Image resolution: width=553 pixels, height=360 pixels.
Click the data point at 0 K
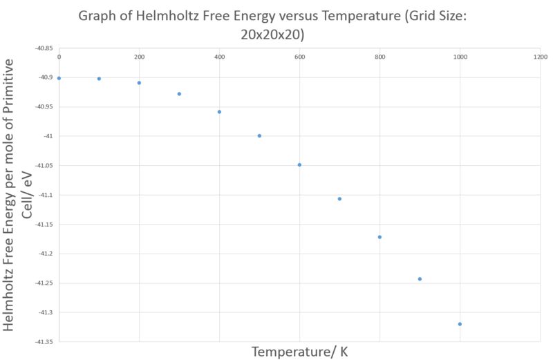59,78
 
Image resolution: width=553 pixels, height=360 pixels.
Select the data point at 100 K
99,79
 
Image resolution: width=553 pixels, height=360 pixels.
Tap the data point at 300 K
179,94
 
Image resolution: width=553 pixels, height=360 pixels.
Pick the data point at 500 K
259,135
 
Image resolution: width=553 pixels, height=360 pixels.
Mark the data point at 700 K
339,199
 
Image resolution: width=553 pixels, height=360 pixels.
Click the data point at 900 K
420,279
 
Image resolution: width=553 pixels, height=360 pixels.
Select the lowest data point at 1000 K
460,324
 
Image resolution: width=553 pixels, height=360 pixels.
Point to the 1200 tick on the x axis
540,57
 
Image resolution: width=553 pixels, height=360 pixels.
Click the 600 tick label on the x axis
299,57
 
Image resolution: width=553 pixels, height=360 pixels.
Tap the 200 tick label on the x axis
139,57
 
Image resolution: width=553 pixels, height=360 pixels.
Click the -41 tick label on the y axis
48,136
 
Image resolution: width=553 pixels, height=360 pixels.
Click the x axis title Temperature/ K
299,352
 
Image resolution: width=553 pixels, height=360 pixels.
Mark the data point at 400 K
219,112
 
